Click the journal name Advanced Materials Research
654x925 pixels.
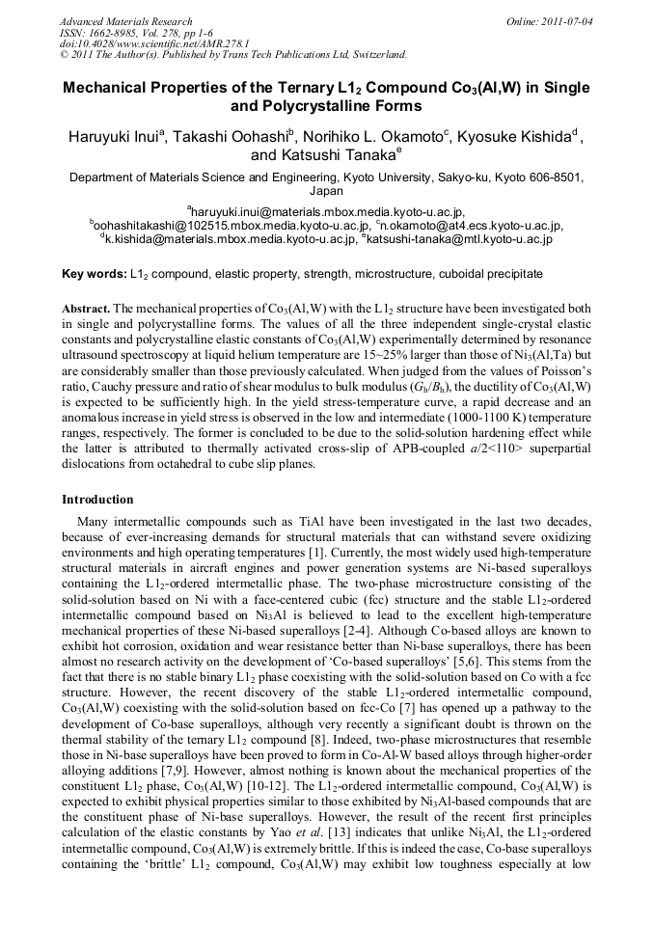click(125, 21)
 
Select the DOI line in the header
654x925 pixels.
click(153, 43)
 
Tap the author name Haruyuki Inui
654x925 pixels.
click(116, 136)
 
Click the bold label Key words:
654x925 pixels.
click(94, 274)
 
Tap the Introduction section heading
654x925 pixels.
click(97, 500)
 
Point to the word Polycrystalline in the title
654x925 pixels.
click(334, 105)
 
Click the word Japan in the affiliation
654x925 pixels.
click(326, 191)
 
